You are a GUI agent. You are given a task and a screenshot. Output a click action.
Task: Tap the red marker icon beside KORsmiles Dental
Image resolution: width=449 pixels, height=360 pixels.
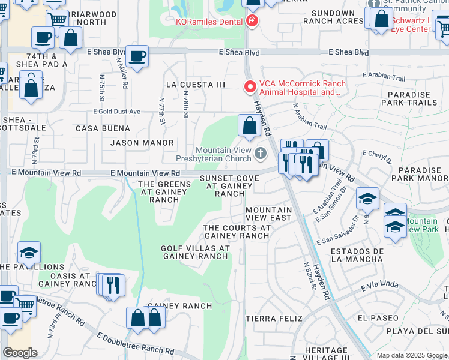point(252,22)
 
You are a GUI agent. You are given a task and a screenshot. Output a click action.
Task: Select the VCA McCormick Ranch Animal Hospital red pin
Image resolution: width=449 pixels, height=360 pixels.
point(249,87)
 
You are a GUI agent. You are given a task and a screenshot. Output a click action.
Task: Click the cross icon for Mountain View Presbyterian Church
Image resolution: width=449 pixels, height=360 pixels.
point(261,154)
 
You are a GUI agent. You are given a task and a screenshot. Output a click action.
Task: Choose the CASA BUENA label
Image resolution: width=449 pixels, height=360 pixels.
point(103,128)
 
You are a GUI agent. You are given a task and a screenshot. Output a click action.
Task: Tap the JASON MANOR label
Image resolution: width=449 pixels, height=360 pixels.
point(142,143)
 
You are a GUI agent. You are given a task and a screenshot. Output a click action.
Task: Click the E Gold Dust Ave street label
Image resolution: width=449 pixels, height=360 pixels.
point(116,112)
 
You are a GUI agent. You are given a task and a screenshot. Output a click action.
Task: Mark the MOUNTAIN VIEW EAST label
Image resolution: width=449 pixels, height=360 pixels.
point(268,214)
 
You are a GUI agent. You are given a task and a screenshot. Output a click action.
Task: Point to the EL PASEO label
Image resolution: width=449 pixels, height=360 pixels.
point(377,317)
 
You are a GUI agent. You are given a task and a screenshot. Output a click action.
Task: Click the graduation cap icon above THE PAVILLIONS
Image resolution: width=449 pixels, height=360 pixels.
point(28,253)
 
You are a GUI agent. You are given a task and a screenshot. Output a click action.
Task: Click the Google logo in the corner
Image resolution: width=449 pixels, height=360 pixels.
point(20,353)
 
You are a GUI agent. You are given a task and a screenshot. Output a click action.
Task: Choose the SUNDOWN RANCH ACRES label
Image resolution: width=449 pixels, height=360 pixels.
point(333,17)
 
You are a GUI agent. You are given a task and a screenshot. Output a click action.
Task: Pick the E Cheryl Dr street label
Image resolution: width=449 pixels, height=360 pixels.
point(377,158)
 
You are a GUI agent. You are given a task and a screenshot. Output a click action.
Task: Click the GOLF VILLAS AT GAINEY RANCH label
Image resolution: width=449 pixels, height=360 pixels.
point(195,252)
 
